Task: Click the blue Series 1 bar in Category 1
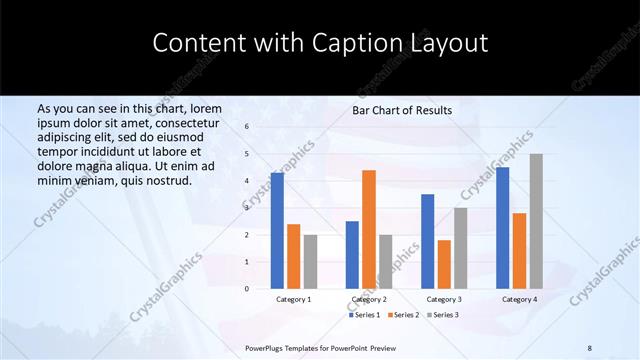point(277,231)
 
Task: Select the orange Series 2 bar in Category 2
point(369,229)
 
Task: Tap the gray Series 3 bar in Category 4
point(536,221)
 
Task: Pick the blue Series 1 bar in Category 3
point(428,241)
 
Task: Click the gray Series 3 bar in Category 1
point(310,262)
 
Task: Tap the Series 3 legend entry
point(440,315)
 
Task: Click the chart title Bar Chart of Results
point(402,110)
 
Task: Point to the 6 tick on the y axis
point(246,127)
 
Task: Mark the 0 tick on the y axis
point(246,289)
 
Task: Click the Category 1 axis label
point(293,299)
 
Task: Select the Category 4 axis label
point(519,299)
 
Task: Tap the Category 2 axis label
point(368,299)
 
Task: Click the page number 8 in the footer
point(590,347)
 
